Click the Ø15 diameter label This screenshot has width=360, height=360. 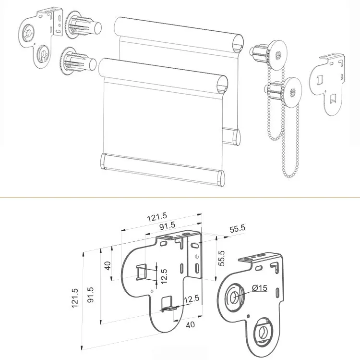pyautogui.click(x=259, y=288)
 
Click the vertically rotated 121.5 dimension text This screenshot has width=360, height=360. pyautogui.click(x=75, y=298)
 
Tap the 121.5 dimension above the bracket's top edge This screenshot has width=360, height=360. pyautogui.click(x=157, y=217)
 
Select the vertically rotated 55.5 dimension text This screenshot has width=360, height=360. pyautogui.click(x=221, y=258)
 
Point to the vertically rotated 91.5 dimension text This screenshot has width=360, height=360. pyautogui.click(x=91, y=295)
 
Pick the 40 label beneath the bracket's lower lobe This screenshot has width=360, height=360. pyautogui.click(x=191, y=324)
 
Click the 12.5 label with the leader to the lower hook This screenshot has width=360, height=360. pyautogui.click(x=192, y=299)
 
